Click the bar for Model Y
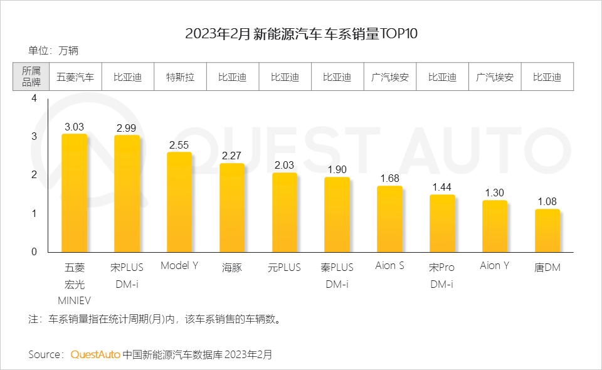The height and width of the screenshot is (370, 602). (179, 202)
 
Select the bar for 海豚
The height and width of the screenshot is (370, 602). (231, 208)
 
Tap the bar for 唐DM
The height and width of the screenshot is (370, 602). (547, 230)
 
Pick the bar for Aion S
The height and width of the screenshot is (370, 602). (389, 219)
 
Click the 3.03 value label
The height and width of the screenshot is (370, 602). (74, 127)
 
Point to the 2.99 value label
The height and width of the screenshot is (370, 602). (127, 128)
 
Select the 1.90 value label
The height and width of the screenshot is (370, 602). (337, 170)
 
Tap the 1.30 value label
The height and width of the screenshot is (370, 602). (494, 193)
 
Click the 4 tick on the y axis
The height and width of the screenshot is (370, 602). (34, 98)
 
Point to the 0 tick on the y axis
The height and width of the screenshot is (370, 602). (34, 251)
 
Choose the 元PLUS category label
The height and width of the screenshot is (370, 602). (284, 267)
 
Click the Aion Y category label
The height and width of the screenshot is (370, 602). (494, 266)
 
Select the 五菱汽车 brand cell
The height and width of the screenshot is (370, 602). (75, 78)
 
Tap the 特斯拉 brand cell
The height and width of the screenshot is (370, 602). (180, 78)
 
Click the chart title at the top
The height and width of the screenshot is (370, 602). (301, 33)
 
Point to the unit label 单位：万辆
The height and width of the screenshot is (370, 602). (53, 51)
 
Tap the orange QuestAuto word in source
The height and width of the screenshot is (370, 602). (95, 354)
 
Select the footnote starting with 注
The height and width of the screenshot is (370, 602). (154, 319)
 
